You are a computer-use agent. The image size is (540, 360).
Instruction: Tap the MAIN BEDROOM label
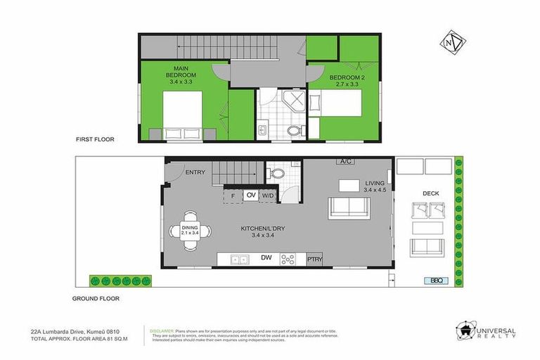[x=181, y=74]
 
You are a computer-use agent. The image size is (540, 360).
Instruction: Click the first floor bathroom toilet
[x=295, y=129]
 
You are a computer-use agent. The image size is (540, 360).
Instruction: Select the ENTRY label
[x=195, y=172]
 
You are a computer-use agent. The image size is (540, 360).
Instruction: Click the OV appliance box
[x=251, y=195]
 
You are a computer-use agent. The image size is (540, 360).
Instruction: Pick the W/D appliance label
[x=268, y=195]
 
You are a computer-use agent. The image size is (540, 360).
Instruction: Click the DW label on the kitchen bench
[x=266, y=259]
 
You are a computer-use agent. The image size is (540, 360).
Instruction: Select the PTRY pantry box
[x=314, y=259]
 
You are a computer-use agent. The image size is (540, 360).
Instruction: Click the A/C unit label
[x=345, y=162]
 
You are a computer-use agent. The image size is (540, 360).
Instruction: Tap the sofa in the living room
[x=349, y=207]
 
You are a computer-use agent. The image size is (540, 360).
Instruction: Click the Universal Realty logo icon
[x=466, y=331]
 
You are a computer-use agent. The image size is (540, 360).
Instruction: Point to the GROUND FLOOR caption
[x=96, y=298]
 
